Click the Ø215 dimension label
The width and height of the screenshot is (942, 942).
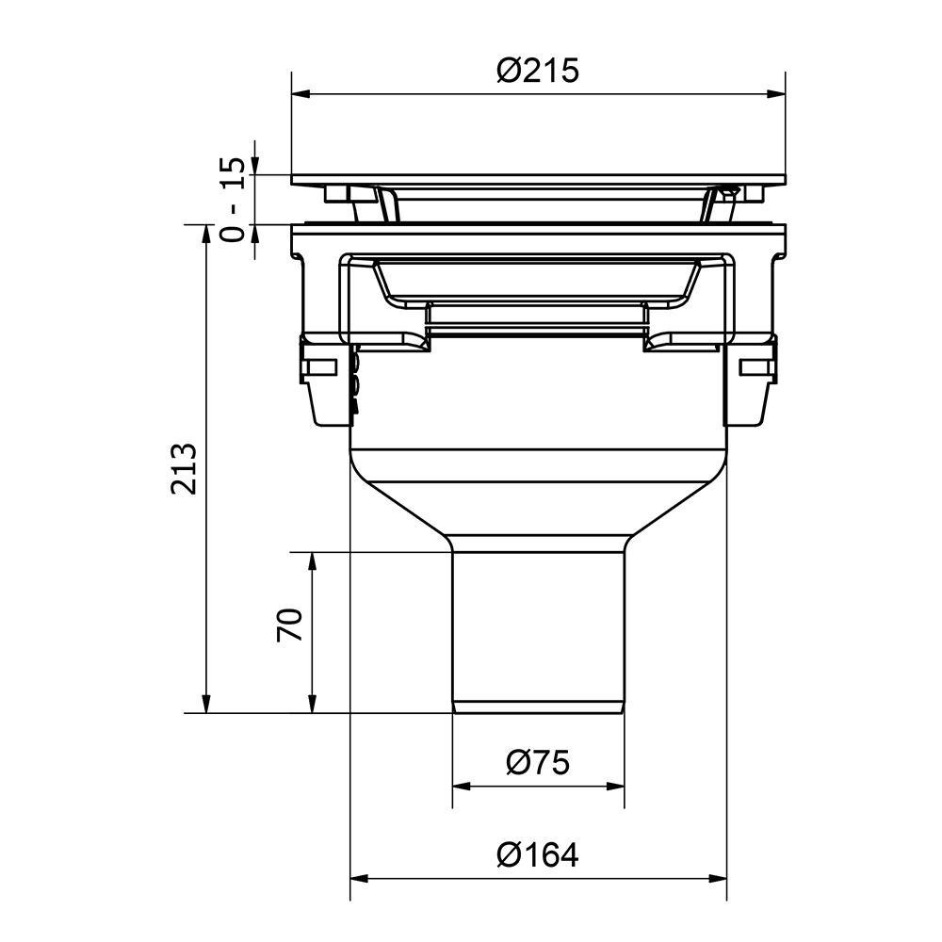pos(538,71)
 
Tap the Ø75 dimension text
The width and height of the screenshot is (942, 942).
pos(538,763)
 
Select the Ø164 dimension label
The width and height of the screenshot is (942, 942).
pos(538,854)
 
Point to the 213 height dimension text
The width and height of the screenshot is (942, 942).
pos(185,468)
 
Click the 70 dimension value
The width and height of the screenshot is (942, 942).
pos(289,625)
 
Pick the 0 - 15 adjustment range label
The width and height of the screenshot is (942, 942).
pos(233,199)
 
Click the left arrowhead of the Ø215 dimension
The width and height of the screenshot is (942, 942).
pos(300,93)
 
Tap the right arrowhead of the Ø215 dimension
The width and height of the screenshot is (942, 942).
pos(776,93)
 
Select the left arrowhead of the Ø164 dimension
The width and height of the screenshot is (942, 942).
pos(359,879)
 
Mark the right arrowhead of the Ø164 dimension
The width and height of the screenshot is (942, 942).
pos(718,879)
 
